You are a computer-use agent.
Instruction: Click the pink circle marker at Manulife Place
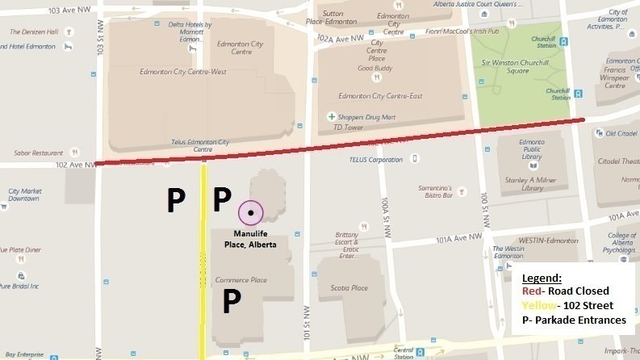pos(251,212)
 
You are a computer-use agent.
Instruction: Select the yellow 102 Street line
pos(203,258)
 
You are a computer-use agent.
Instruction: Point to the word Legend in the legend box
pos(542,278)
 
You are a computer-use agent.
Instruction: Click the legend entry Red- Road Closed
pos(564,291)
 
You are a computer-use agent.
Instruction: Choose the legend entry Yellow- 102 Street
pos(568,306)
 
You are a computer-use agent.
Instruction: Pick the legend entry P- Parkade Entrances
pos(574,320)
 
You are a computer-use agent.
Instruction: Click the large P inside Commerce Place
pos(232,301)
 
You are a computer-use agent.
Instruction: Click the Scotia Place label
pos(349,288)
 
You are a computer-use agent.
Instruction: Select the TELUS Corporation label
pos(374,160)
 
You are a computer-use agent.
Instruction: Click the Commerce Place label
pos(243,280)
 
